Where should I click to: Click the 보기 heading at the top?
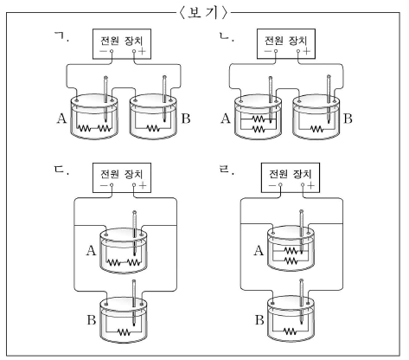pos(204,13)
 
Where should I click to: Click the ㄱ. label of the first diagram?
pos(62,37)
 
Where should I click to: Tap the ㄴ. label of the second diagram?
pos(227,36)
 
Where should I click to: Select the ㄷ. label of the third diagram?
pos(61,170)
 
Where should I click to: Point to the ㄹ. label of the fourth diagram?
pos(227,170)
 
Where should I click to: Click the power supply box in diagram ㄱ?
pos(122,44)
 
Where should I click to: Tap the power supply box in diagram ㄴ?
pos(286,43)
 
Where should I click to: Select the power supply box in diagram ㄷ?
pos(122,177)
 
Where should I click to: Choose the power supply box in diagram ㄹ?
pos(291,177)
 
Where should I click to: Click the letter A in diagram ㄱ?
pos(61,119)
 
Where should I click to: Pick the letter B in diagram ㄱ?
pos(186,119)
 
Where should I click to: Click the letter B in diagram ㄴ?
pos(348,119)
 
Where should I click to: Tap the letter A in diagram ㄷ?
pos(91,250)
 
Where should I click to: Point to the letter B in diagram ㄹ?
pos(259,320)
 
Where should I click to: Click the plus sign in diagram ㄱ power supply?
pos(143,51)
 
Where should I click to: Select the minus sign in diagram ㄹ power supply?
pos(272,185)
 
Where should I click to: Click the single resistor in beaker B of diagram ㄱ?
pos(153,128)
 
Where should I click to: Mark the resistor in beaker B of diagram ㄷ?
pos(124,332)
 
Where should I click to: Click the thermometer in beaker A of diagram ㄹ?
pos(302,232)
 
